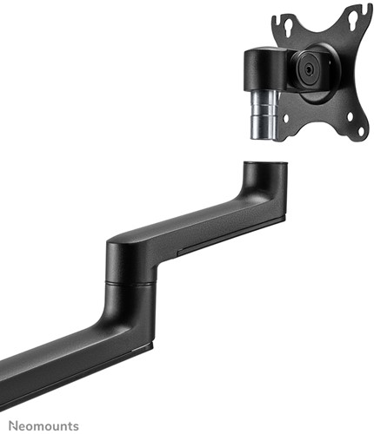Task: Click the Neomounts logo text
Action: pyautogui.click(x=43, y=426)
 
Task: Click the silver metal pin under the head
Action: pyautogui.click(x=264, y=115)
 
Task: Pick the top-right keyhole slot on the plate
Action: pyautogui.click(x=351, y=23)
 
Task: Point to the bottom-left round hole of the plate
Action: pyautogui.click(x=286, y=118)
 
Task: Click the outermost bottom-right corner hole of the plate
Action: pyautogui.click(x=361, y=130)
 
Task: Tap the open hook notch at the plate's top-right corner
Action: pyautogui.click(x=366, y=9)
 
